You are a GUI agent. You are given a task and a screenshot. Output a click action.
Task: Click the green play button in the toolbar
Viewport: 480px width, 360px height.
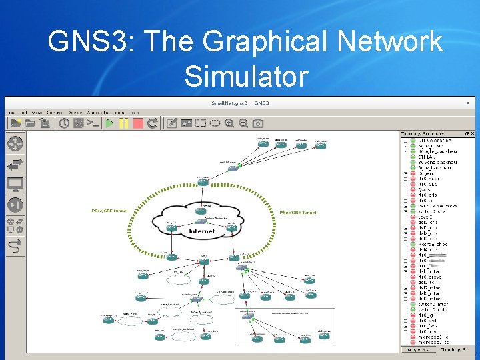click(x=109, y=123)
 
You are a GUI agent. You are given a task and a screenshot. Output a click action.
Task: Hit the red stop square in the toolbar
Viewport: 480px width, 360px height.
click(x=138, y=123)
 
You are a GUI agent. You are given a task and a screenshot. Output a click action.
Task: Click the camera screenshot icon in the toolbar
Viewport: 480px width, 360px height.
click(x=258, y=123)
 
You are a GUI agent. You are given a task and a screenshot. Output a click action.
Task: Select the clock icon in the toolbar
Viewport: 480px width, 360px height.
click(x=64, y=123)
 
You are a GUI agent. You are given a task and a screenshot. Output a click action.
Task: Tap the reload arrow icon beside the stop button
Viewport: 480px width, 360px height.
click(x=153, y=123)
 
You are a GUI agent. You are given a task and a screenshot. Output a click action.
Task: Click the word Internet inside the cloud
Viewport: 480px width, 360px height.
click(x=202, y=231)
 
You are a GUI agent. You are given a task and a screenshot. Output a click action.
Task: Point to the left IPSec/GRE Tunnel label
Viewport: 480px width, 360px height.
click(x=109, y=211)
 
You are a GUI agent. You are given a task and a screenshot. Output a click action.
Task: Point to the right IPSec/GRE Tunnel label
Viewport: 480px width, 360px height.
click(x=297, y=213)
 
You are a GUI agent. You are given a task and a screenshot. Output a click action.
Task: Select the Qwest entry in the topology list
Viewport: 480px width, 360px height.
click(x=426, y=189)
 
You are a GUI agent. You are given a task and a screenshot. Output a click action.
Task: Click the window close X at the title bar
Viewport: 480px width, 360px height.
click(x=468, y=103)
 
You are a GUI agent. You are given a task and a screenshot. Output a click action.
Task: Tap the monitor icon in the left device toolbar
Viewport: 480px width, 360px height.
click(x=15, y=185)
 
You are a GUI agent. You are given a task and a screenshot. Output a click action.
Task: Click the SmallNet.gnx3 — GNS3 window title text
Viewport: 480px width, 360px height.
click(x=239, y=103)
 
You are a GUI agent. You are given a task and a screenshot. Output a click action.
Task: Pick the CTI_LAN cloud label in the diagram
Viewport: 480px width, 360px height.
click(x=178, y=273)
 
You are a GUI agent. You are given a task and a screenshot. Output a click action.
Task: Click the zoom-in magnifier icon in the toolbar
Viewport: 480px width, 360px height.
click(x=229, y=123)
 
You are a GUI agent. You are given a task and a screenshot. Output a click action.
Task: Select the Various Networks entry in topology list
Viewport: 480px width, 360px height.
click(x=438, y=206)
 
